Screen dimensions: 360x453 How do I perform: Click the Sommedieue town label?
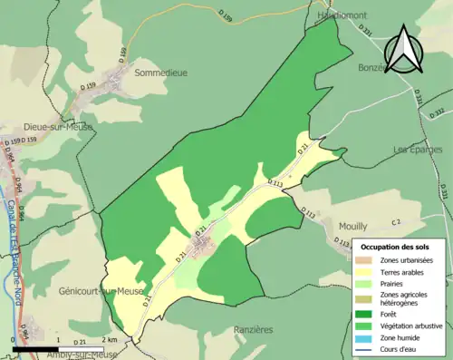(x=160, y=72)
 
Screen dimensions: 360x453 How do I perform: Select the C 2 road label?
(x=395, y=222)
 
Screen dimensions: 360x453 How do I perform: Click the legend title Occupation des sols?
(x=397, y=247)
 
